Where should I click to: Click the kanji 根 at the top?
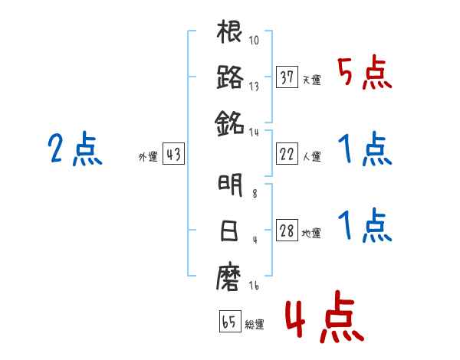(x=230, y=33)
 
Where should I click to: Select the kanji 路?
(x=230, y=77)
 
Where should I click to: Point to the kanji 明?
(x=230, y=186)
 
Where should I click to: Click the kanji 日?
(x=230, y=232)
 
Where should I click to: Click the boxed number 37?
(x=287, y=77)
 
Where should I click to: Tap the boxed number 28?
(x=287, y=232)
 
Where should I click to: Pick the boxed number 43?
(x=173, y=155)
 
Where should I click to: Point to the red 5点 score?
(x=365, y=75)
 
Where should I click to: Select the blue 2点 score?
(x=75, y=149)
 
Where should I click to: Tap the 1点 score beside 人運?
(x=365, y=150)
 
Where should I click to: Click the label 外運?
(x=147, y=157)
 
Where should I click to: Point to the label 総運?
(x=255, y=324)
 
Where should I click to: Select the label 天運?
(x=312, y=80)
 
